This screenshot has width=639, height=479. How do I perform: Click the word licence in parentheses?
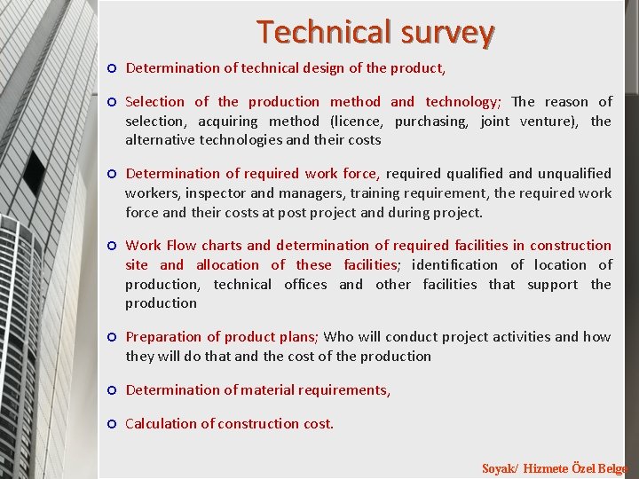[x=358, y=121]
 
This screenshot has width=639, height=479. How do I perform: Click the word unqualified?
[x=570, y=173]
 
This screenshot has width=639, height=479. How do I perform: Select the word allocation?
[x=227, y=264]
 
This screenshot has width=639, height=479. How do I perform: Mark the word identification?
[x=455, y=264]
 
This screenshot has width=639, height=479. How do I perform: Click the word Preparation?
[x=164, y=336]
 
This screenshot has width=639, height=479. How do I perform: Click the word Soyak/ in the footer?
[x=500, y=468]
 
